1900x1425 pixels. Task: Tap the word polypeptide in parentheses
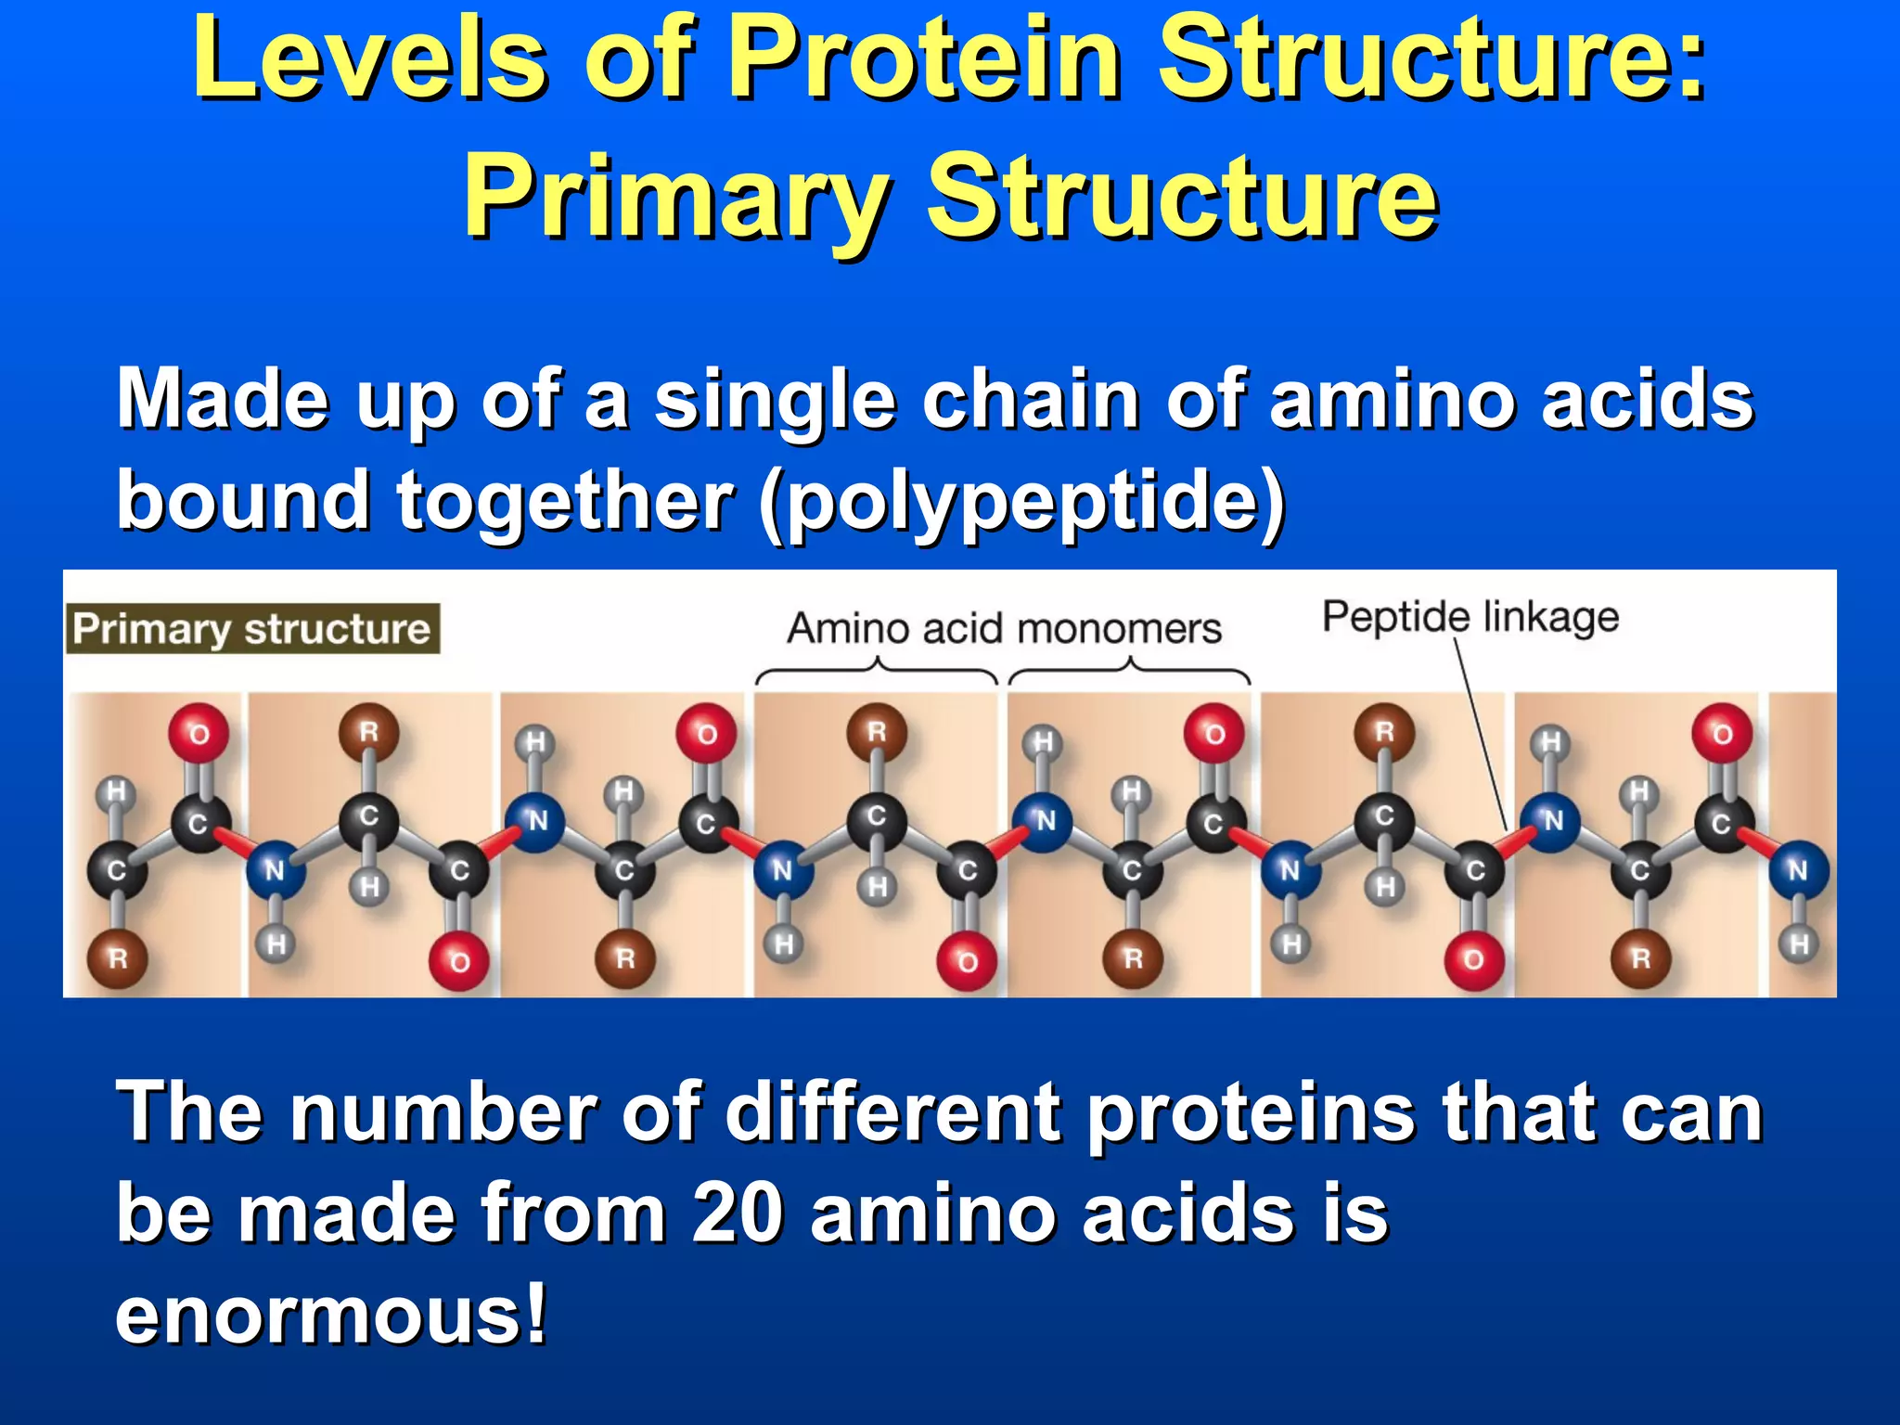1021,501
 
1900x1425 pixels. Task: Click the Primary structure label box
252,629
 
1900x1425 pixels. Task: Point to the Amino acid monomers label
1004,629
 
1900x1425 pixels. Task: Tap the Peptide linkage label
1470,617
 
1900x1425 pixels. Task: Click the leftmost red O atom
199,734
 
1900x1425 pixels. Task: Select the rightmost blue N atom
1797,870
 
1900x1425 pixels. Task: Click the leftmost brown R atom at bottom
118,957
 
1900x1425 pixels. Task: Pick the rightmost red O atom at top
1722,734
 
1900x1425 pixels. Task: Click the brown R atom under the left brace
876,733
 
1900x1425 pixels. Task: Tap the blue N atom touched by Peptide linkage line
1552,820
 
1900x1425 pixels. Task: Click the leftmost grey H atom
116,791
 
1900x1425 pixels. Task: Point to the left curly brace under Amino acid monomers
877,669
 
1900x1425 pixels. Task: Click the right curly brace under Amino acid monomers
1129,669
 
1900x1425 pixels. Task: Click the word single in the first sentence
774,400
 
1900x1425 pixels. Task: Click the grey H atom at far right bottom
1798,944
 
